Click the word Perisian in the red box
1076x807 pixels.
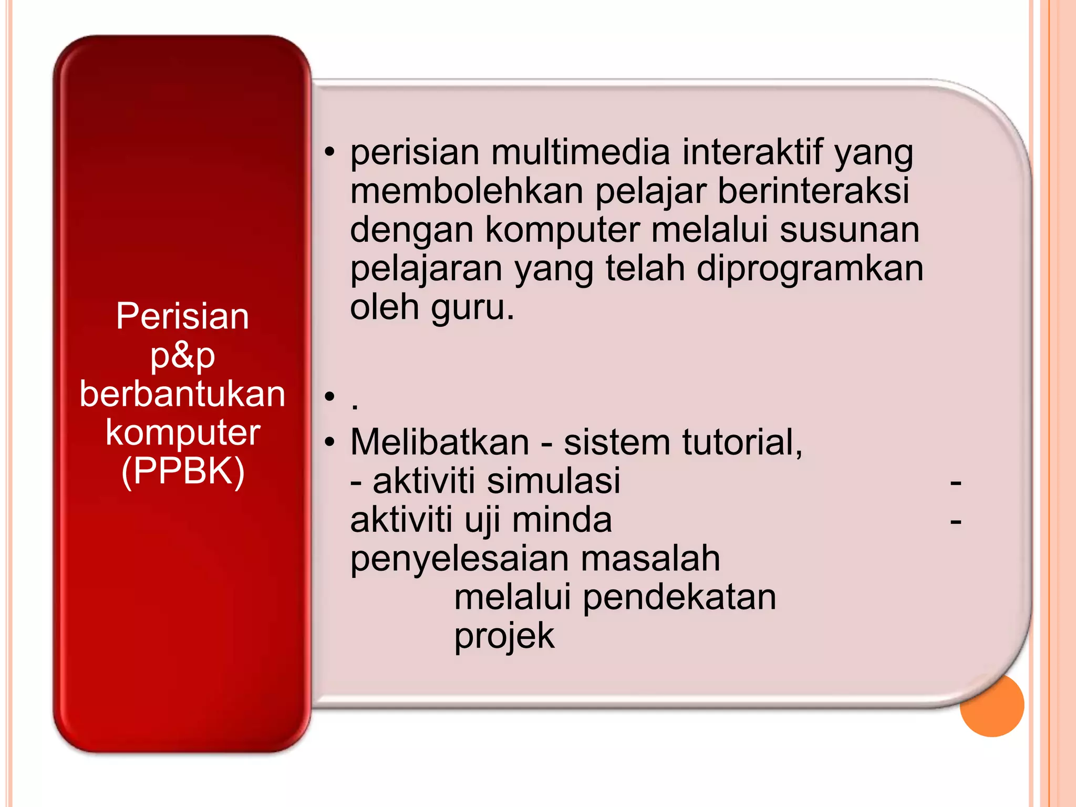pos(182,316)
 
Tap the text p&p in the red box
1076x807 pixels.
pos(182,356)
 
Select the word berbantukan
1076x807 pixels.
pos(182,394)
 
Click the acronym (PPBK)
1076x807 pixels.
pos(182,471)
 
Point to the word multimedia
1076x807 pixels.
pos(580,152)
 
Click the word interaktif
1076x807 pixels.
pos(752,152)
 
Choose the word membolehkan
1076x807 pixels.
pos(467,191)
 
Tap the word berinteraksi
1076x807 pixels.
pos(813,191)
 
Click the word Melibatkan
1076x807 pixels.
pos(439,442)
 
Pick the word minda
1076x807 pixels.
pos(562,520)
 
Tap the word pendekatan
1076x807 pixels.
pos(679,597)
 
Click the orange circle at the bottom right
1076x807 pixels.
pos(992,705)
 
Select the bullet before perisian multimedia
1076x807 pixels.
pos(329,152)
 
